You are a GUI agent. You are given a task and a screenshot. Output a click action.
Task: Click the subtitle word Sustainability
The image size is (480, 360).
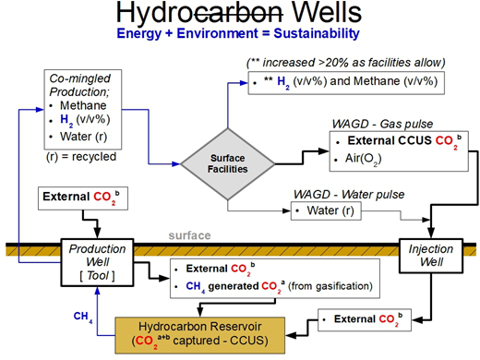310,35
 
